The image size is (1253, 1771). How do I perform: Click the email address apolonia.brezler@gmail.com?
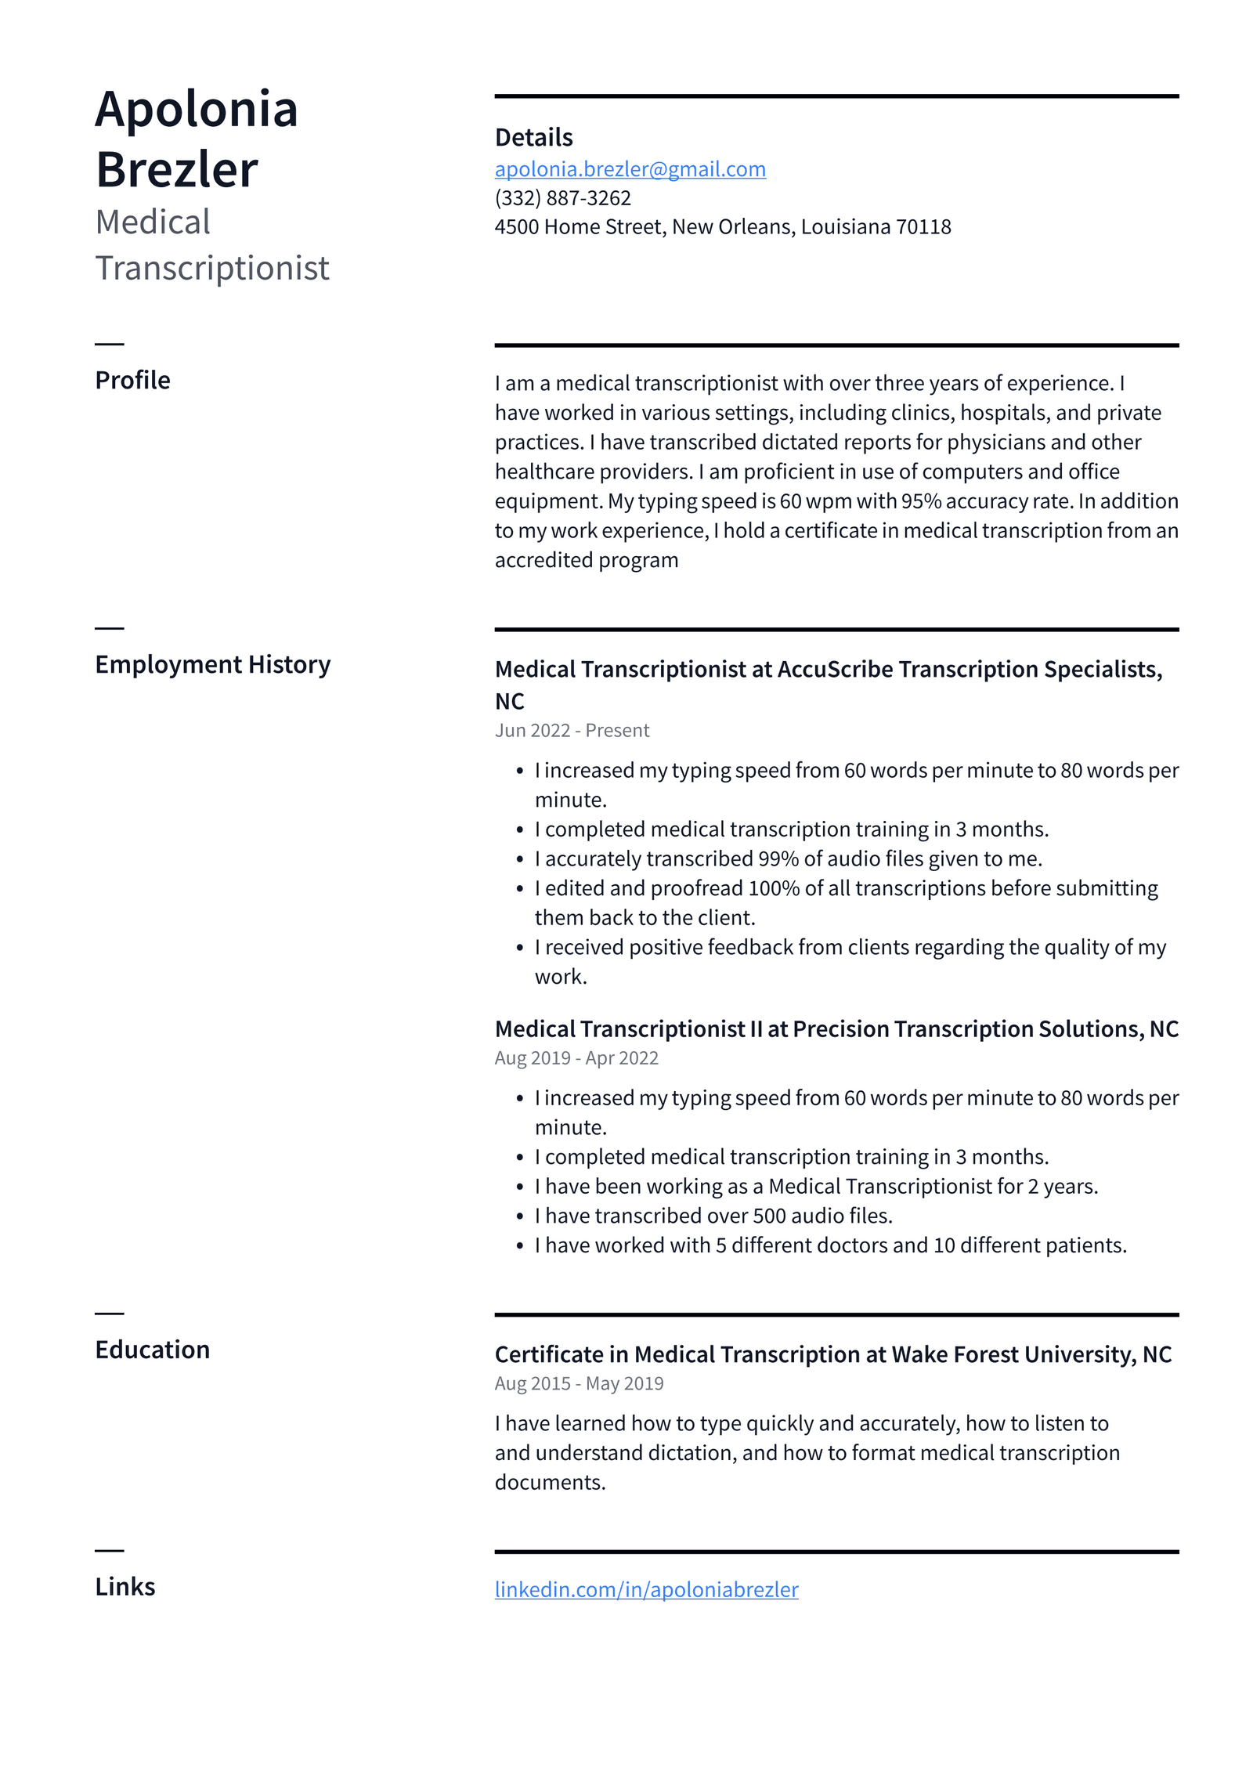coord(630,169)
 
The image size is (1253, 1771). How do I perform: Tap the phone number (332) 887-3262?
coord(562,198)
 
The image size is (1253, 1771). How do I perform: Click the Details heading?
coord(533,138)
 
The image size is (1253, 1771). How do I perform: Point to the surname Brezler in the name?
coord(177,170)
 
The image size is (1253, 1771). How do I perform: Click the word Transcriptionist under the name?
coord(212,268)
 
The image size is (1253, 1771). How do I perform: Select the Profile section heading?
coord(132,380)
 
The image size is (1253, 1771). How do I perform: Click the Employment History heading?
coord(212,664)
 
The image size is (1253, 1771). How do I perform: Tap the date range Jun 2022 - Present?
coord(572,730)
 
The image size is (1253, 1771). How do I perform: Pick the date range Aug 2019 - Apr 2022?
coord(576,1057)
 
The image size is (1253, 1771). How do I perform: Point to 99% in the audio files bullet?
coord(778,859)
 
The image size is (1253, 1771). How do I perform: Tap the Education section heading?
coord(152,1350)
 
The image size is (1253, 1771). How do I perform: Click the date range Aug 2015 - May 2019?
coord(579,1383)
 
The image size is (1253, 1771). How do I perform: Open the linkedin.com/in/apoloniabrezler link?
coord(646,1589)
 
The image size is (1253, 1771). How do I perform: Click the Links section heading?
coord(125,1586)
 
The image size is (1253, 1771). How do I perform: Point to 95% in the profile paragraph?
coord(921,501)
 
